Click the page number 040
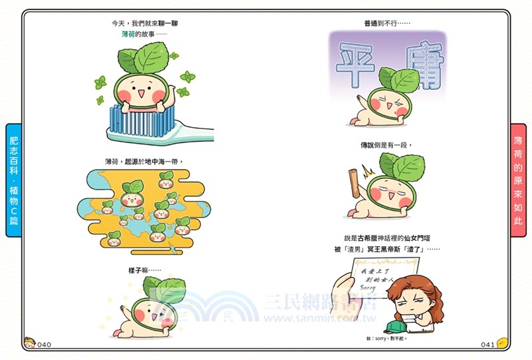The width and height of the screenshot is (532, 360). click(44, 344)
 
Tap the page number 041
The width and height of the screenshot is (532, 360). click(487, 344)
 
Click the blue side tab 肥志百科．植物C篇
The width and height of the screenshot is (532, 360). click(13, 180)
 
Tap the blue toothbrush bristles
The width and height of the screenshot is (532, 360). click(140, 119)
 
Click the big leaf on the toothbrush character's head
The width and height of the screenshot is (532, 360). click(150, 59)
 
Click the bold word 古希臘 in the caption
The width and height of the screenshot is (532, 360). click(367, 238)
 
